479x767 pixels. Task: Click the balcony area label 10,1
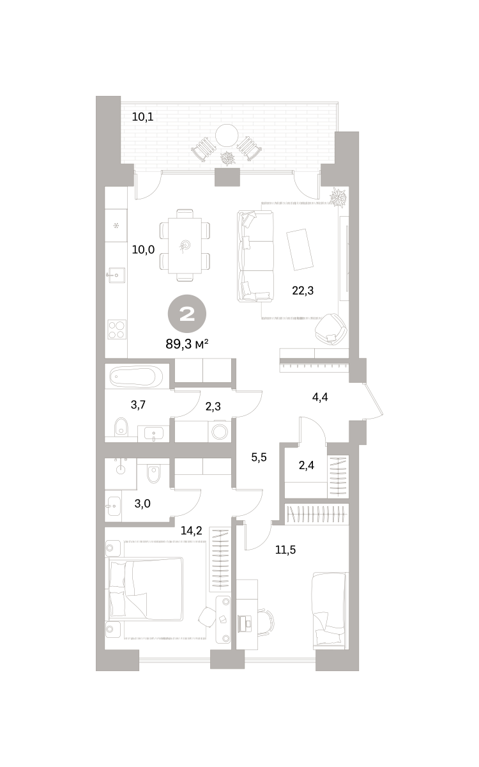click(x=142, y=117)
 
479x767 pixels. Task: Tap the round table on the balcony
click(x=227, y=135)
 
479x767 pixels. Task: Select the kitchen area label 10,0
click(x=143, y=250)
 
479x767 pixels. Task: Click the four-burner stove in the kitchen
click(x=117, y=329)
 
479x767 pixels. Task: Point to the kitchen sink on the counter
click(x=116, y=275)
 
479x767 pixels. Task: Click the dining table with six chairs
click(x=185, y=245)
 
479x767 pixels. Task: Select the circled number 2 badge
click(x=186, y=314)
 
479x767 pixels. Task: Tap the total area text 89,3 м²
click(x=186, y=344)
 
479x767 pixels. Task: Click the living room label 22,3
click(x=303, y=291)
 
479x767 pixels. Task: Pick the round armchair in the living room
click(x=331, y=328)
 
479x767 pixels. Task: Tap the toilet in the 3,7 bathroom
click(x=121, y=426)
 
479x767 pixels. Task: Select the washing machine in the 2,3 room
click(x=219, y=432)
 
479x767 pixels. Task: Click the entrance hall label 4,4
click(x=320, y=397)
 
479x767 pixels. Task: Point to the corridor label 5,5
click(x=259, y=457)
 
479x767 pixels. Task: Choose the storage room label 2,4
click(x=306, y=465)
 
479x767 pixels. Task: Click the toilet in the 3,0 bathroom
click(x=153, y=474)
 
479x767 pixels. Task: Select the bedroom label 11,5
click(x=285, y=550)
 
